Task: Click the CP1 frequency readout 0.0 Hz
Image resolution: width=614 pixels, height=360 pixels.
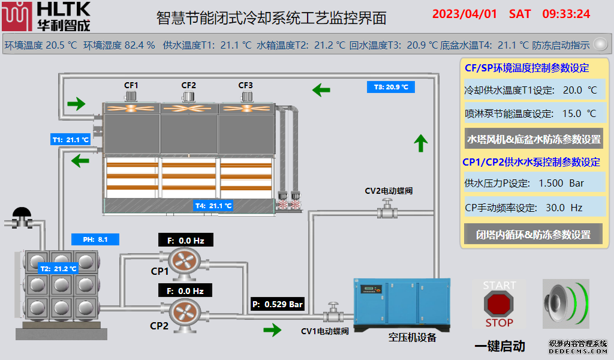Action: point(186,241)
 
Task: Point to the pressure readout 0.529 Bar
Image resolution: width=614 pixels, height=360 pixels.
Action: point(278,304)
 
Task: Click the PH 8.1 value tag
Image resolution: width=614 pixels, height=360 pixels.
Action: point(95,239)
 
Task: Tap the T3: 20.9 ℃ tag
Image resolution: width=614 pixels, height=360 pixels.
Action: point(390,87)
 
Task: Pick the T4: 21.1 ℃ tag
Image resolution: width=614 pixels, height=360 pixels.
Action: point(213,206)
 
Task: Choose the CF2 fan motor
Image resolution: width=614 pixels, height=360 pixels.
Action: point(189,97)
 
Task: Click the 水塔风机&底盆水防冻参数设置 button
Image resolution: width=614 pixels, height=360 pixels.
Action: point(534,139)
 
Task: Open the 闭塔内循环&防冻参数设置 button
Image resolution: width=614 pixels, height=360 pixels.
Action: point(534,235)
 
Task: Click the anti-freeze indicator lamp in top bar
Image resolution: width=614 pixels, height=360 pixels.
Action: point(599,44)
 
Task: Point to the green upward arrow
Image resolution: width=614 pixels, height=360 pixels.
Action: point(421,143)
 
